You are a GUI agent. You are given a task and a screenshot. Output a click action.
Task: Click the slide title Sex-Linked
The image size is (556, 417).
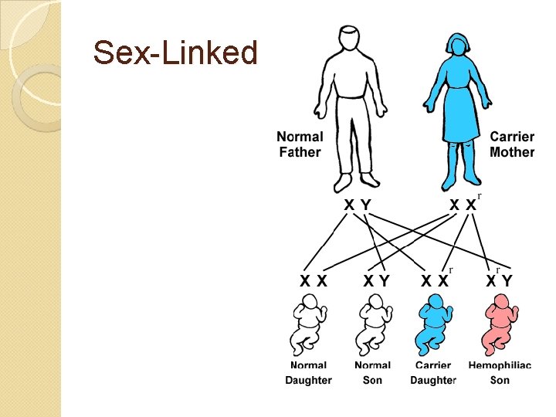tap(175, 53)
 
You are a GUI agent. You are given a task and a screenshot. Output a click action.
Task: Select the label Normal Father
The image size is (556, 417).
tap(300, 144)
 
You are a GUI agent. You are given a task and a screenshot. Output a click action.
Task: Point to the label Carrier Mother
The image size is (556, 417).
tap(512, 144)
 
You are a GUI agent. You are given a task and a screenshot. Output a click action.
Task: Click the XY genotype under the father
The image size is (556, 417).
tap(357, 205)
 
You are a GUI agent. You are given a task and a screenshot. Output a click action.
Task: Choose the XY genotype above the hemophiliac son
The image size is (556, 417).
tap(499, 281)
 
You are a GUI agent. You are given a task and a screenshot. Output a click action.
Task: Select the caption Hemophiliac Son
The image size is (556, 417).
tap(500, 372)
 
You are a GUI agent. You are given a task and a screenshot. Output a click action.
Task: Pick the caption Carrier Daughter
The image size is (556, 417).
tap(433, 372)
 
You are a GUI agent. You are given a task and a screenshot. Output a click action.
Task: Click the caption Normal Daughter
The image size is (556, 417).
tap(308, 372)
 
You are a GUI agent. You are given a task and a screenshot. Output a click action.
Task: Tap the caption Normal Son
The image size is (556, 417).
tap(372, 372)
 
